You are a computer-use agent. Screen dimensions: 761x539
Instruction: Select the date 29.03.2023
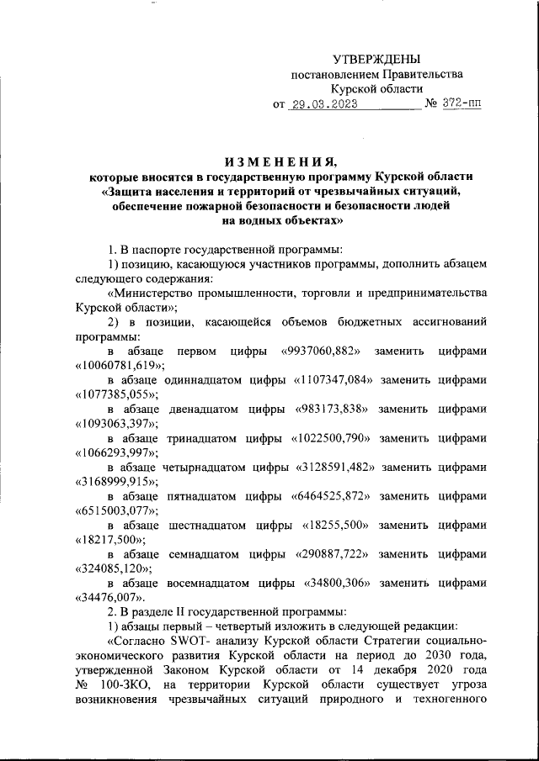click(x=323, y=105)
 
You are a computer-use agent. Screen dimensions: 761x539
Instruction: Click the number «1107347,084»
click(x=330, y=379)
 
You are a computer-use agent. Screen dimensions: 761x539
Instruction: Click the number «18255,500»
click(x=339, y=526)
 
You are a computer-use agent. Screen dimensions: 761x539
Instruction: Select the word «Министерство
click(x=158, y=292)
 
